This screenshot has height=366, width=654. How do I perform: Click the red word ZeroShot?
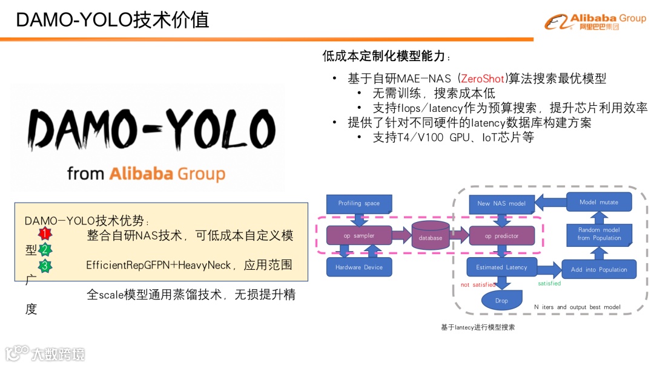tap(481, 79)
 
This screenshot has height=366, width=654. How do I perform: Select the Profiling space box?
tap(359, 203)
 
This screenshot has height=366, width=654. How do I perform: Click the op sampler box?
tap(359, 235)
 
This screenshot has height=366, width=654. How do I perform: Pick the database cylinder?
tap(431, 235)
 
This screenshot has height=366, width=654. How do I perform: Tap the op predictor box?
tap(501, 236)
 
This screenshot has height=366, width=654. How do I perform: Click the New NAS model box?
tap(501, 203)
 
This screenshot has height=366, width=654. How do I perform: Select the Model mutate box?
tap(599, 202)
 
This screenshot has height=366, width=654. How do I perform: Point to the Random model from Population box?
tap(599, 234)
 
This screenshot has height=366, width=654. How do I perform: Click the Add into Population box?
tap(599, 269)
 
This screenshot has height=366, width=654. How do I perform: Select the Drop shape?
tap(501, 300)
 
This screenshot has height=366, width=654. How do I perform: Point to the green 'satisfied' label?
tap(549, 283)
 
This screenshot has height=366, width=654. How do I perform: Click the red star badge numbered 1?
tap(45, 234)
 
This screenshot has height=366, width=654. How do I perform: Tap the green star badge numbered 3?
tap(45, 265)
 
